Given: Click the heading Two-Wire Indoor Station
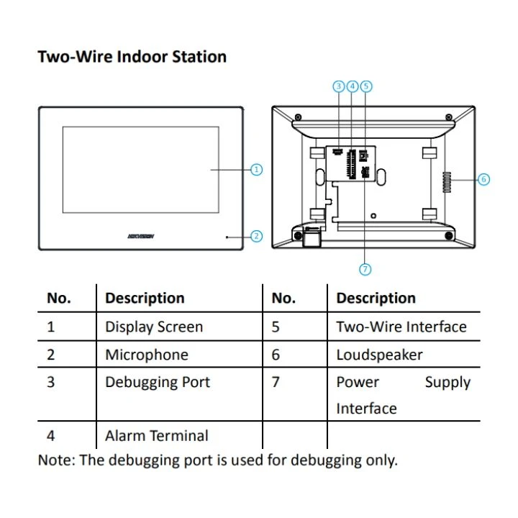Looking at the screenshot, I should click(x=132, y=57).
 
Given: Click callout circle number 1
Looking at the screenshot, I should click(x=256, y=170).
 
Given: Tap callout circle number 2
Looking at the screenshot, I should click(x=256, y=236).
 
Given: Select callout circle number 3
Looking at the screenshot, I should click(x=339, y=86).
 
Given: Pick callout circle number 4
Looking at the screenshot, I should click(x=353, y=86).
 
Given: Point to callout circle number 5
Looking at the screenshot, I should click(x=366, y=86).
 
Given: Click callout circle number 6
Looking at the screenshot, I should click(x=483, y=179).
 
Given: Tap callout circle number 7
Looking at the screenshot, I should click(x=365, y=269).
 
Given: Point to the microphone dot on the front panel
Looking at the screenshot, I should click(x=227, y=236).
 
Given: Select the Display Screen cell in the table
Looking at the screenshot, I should click(x=154, y=327).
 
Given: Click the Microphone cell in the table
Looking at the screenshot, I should click(x=147, y=355).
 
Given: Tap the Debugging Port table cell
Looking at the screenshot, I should click(x=158, y=382).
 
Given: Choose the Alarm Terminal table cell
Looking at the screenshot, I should click(x=157, y=435).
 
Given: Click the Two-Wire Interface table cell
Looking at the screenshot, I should click(x=401, y=327).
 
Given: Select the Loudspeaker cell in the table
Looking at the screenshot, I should click(x=379, y=355).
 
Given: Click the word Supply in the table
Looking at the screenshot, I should click(x=447, y=382).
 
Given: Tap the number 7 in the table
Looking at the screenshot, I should click(x=276, y=382).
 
